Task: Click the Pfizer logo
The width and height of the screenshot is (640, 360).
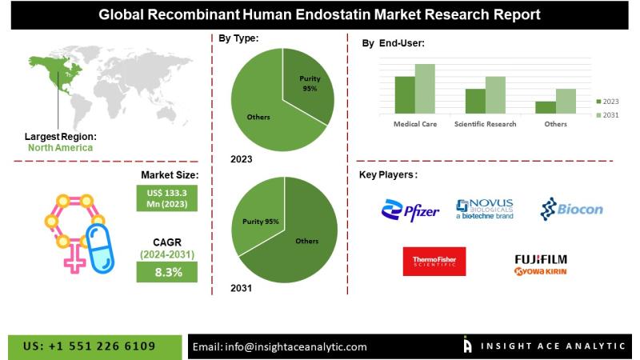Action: pos(410,211)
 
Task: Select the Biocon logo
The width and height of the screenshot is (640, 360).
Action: pos(571,210)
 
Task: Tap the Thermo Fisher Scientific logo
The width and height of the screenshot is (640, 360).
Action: pos(434,262)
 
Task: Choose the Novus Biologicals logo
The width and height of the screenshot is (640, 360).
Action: pos(485,209)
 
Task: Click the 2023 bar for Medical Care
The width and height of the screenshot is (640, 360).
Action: pos(405,94)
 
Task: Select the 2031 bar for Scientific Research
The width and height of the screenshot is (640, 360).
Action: pos(495,94)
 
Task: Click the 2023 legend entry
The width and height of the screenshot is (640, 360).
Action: pos(607,102)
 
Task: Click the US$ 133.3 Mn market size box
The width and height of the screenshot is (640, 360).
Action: pos(167,198)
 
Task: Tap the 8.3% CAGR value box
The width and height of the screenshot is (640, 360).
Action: pos(167,272)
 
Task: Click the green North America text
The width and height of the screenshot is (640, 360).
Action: pos(60,147)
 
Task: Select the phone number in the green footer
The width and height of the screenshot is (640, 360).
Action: pos(90,346)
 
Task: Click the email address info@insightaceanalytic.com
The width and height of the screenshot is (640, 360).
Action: pos(280,346)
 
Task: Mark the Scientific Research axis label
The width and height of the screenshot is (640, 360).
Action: pos(485,124)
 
